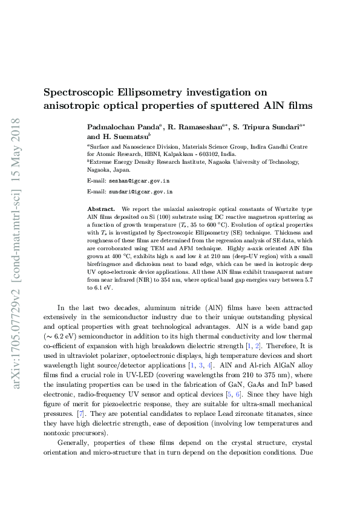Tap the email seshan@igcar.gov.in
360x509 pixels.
139,181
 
